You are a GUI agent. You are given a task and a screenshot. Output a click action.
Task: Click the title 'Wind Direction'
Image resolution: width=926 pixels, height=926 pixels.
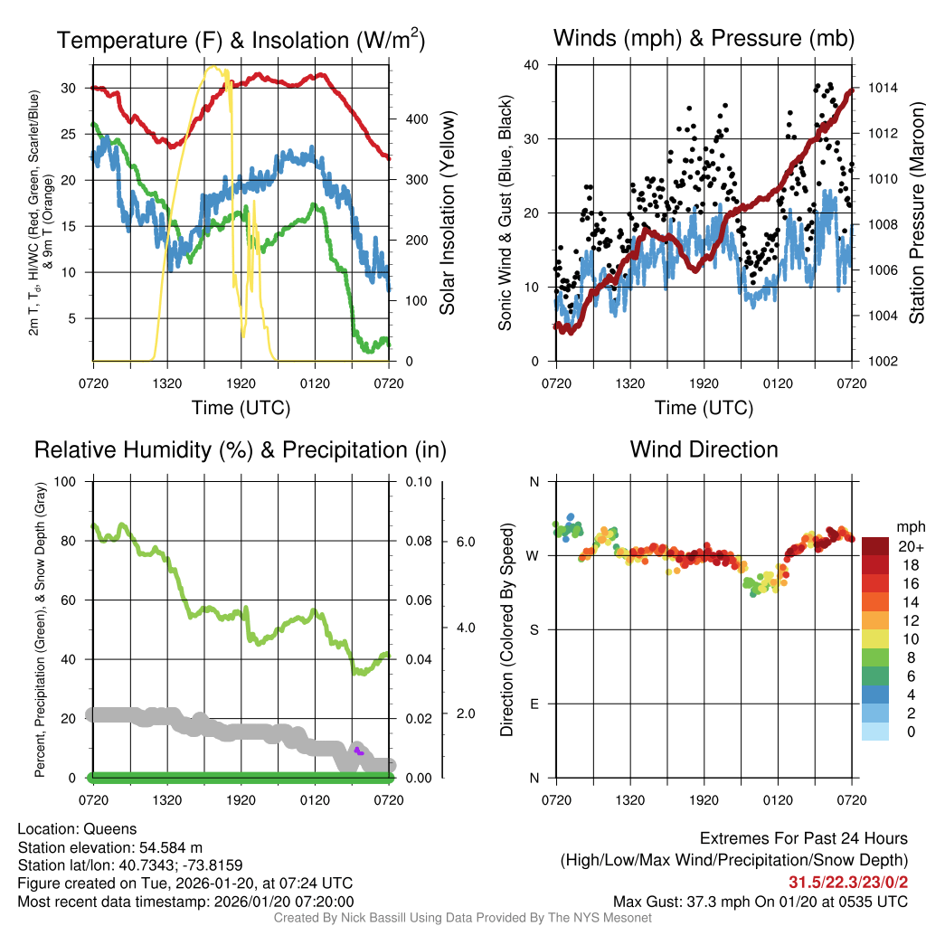[704, 449]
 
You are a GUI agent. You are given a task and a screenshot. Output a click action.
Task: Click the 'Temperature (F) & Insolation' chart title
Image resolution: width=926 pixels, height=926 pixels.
[241, 40]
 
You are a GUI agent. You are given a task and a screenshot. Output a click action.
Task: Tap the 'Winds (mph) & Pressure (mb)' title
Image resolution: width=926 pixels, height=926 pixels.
[704, 38]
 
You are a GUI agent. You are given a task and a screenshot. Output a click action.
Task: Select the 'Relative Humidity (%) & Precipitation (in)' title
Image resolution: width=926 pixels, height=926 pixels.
[241, 449]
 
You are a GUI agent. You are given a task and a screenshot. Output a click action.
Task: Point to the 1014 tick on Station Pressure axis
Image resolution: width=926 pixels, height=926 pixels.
[883, 89]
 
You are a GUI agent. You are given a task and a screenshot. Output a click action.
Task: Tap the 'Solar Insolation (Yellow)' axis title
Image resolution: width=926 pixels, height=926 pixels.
[447, 213]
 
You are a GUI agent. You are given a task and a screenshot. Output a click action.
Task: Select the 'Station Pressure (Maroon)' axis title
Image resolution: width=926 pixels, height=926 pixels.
[915, 213]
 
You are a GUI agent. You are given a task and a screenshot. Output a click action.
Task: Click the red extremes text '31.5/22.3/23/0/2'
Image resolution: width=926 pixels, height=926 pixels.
[847, 883]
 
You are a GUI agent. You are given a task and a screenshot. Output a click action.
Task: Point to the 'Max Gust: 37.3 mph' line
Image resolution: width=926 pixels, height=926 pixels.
[760, 902]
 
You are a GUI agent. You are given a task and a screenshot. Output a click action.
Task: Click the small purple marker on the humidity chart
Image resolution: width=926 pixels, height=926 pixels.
[359, 751]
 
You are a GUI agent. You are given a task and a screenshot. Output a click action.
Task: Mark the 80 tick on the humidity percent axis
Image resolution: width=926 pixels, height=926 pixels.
[74, 541]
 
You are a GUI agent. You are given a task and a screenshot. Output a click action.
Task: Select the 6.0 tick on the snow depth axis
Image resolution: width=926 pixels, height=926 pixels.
[465, 542]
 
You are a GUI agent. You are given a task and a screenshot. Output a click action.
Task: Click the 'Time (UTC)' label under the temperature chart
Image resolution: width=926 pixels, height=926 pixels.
[241, 408]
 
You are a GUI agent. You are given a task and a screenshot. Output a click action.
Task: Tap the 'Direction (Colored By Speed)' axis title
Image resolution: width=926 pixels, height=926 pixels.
[507, 629]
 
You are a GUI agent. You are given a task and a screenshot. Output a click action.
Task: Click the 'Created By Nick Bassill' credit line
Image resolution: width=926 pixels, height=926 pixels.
[462, 918]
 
